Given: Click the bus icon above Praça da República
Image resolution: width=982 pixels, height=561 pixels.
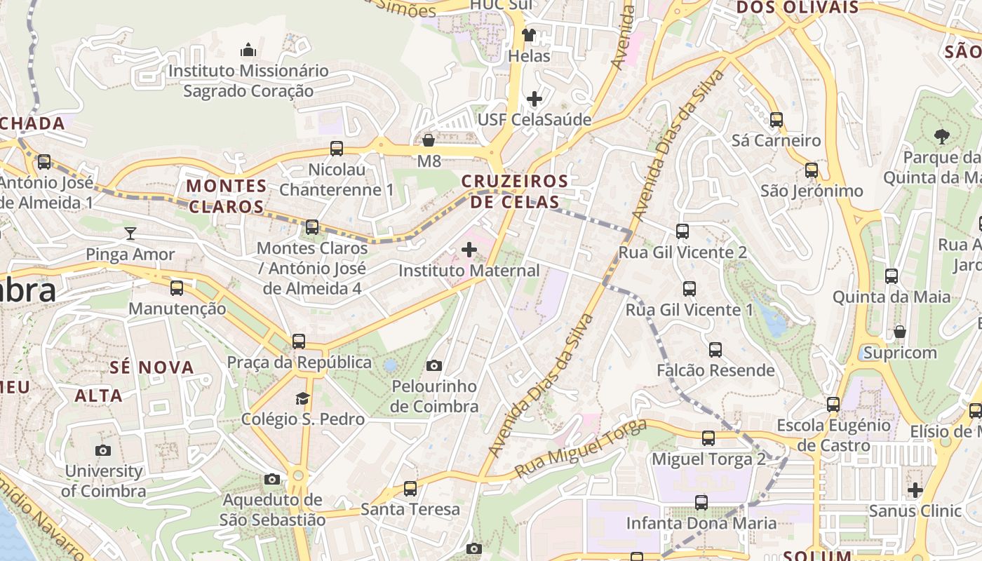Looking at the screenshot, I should point(299,342).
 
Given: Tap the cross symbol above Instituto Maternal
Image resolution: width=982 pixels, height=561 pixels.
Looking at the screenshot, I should point(469,250).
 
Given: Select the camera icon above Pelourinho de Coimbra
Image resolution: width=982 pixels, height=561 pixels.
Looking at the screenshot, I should point(434,365).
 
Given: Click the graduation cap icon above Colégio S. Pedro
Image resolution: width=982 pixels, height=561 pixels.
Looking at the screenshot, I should point(302,398).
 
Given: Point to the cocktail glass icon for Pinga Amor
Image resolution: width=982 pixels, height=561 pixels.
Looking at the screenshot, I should point(130,233).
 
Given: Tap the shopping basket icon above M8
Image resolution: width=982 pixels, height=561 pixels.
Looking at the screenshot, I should point(429,140).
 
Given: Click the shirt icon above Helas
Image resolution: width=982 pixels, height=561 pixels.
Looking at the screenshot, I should point(529,34).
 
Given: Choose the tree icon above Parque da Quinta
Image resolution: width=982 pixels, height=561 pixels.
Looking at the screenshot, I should point(941,136).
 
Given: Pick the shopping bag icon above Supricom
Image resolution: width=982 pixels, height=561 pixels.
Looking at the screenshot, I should point(900,331).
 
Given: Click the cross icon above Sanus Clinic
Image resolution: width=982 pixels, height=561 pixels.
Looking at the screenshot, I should point(915,489).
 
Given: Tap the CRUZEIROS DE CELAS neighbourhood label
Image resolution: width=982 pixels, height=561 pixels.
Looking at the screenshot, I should point(515,191).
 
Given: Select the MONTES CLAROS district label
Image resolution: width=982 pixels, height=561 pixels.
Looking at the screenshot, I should point(227,196).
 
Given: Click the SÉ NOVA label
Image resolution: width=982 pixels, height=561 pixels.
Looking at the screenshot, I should point(152,367).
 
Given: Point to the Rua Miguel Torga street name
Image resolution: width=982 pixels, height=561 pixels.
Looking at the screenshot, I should point(581,449).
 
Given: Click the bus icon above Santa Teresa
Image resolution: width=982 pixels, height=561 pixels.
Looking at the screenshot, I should point(410,488).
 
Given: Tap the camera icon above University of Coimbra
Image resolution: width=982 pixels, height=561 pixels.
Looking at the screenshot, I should point(103,450).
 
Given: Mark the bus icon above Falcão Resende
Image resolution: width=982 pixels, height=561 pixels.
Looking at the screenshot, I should point(715,349).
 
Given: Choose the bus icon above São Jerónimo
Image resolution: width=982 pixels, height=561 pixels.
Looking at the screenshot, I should point(812,170).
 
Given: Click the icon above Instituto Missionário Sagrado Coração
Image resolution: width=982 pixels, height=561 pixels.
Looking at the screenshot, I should point(248,50).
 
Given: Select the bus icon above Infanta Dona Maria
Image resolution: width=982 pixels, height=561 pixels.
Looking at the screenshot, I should point(701,502).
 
